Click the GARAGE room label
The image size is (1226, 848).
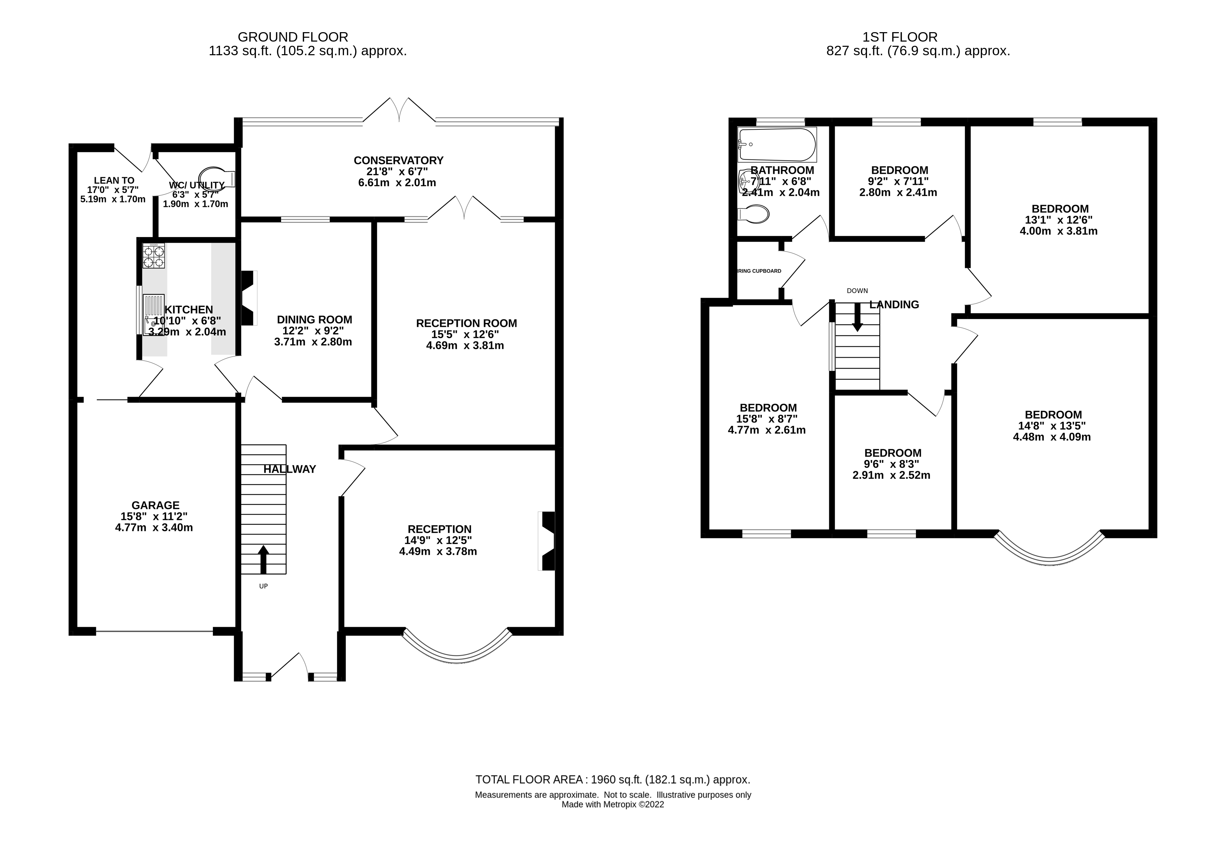coord(156,505)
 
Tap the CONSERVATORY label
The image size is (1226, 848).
coord(398,160)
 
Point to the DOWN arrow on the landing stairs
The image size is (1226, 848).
coord(857,317)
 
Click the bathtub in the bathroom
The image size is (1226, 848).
coord(776,144)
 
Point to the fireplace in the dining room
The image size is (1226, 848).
coord(248,298)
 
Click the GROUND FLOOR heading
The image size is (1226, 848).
coord(293,37)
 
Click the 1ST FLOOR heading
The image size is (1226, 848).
coord(900,37)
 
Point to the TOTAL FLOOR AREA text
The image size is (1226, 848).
coord(612,780)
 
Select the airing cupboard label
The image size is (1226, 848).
coord(759,271)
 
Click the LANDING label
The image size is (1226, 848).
coord(894,304)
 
